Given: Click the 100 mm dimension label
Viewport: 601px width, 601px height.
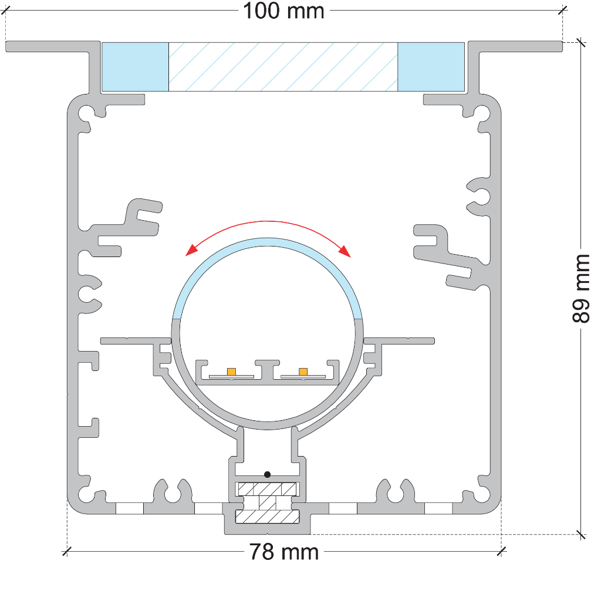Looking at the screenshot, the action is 283,11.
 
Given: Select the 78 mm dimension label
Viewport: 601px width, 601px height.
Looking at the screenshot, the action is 284,552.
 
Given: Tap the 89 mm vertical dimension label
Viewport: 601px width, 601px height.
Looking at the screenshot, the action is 580,289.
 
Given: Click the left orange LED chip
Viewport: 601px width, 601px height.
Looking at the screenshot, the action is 231,372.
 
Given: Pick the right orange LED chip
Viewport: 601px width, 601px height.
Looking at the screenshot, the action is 303,372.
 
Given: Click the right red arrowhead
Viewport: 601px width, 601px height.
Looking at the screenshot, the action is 345,251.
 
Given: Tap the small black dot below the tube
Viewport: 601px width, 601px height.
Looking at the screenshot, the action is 268,474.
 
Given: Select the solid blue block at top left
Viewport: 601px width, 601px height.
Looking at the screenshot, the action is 136,67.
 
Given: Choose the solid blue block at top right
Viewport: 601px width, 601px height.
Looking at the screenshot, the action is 431,67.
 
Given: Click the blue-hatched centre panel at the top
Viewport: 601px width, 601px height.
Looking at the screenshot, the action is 283,67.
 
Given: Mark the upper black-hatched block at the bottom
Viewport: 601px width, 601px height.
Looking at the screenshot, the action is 267,489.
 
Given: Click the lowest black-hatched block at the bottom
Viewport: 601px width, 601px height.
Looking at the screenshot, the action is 267,516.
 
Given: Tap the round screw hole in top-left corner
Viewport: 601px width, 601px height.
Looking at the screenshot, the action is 86,113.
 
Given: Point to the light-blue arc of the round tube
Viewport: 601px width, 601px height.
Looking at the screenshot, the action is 267,242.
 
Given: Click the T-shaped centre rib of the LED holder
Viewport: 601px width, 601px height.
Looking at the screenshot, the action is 268,369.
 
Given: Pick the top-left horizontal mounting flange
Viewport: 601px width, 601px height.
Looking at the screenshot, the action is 48,46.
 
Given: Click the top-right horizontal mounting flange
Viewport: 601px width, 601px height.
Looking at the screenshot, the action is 515,46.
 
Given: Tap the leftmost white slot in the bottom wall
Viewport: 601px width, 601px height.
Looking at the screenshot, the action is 130,508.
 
